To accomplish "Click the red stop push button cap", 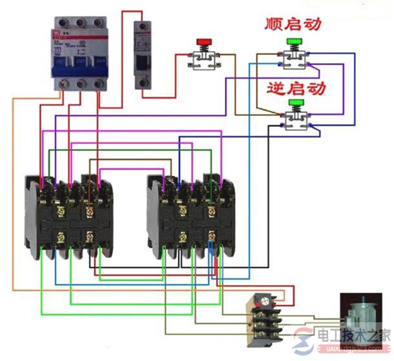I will click(204, 43).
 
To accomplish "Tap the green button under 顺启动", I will click(295, 43).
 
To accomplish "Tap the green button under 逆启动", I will click(296, 102).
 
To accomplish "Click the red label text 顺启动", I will click(293, 25).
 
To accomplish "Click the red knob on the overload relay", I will click(262, 300).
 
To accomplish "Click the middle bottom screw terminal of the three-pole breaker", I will click(79, 84).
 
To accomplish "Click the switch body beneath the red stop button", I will click(204, 60).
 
